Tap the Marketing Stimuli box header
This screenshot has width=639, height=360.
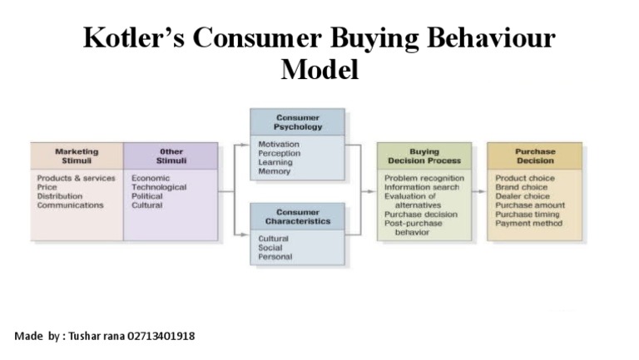(x=77, y=155)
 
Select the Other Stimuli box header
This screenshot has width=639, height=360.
(x=171, y=155)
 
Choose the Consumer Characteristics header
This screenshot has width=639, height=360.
(x=297, y=217)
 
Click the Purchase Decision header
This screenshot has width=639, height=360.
(x=535, y=155)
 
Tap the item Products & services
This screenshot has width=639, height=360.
(x=76, y=178)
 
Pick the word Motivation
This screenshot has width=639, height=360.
(x=279, y=145)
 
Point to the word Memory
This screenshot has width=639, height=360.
(x=274, y=171)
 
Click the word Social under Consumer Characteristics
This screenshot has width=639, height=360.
(x=271, y=248)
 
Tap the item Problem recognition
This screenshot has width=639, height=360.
(x=424, y=178)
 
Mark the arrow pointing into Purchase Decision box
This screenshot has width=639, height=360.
(x=478, y=191)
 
